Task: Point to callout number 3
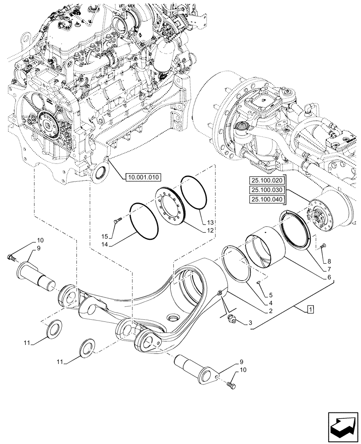(250, 323)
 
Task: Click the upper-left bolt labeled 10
(11, 257)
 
